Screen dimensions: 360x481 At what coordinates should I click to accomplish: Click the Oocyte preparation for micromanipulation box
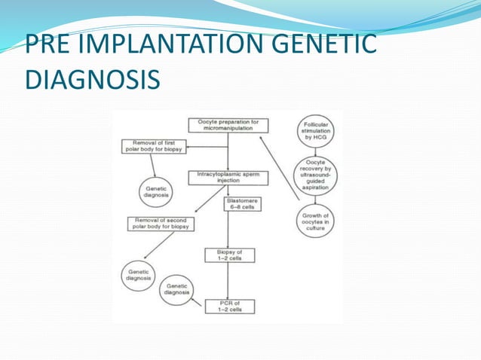pyautogui.click(x=228, y=125)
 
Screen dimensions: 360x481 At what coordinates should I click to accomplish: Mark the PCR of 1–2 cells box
pyautogui.click(x=229, y=306)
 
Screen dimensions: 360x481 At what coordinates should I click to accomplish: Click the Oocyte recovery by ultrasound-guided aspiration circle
pyautogui.click(x=314, y=176)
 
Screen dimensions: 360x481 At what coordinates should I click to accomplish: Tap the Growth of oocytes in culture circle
pyautogui.click(x=315, y=221)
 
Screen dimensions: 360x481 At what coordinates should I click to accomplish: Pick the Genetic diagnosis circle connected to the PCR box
pyautogui.click(x=176, y=288)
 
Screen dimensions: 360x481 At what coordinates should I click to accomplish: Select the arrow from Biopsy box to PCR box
pyautogui.click(x=228, y=281)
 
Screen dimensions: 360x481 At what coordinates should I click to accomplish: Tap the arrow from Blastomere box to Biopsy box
pyautogui.click(x=228, y=230)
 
